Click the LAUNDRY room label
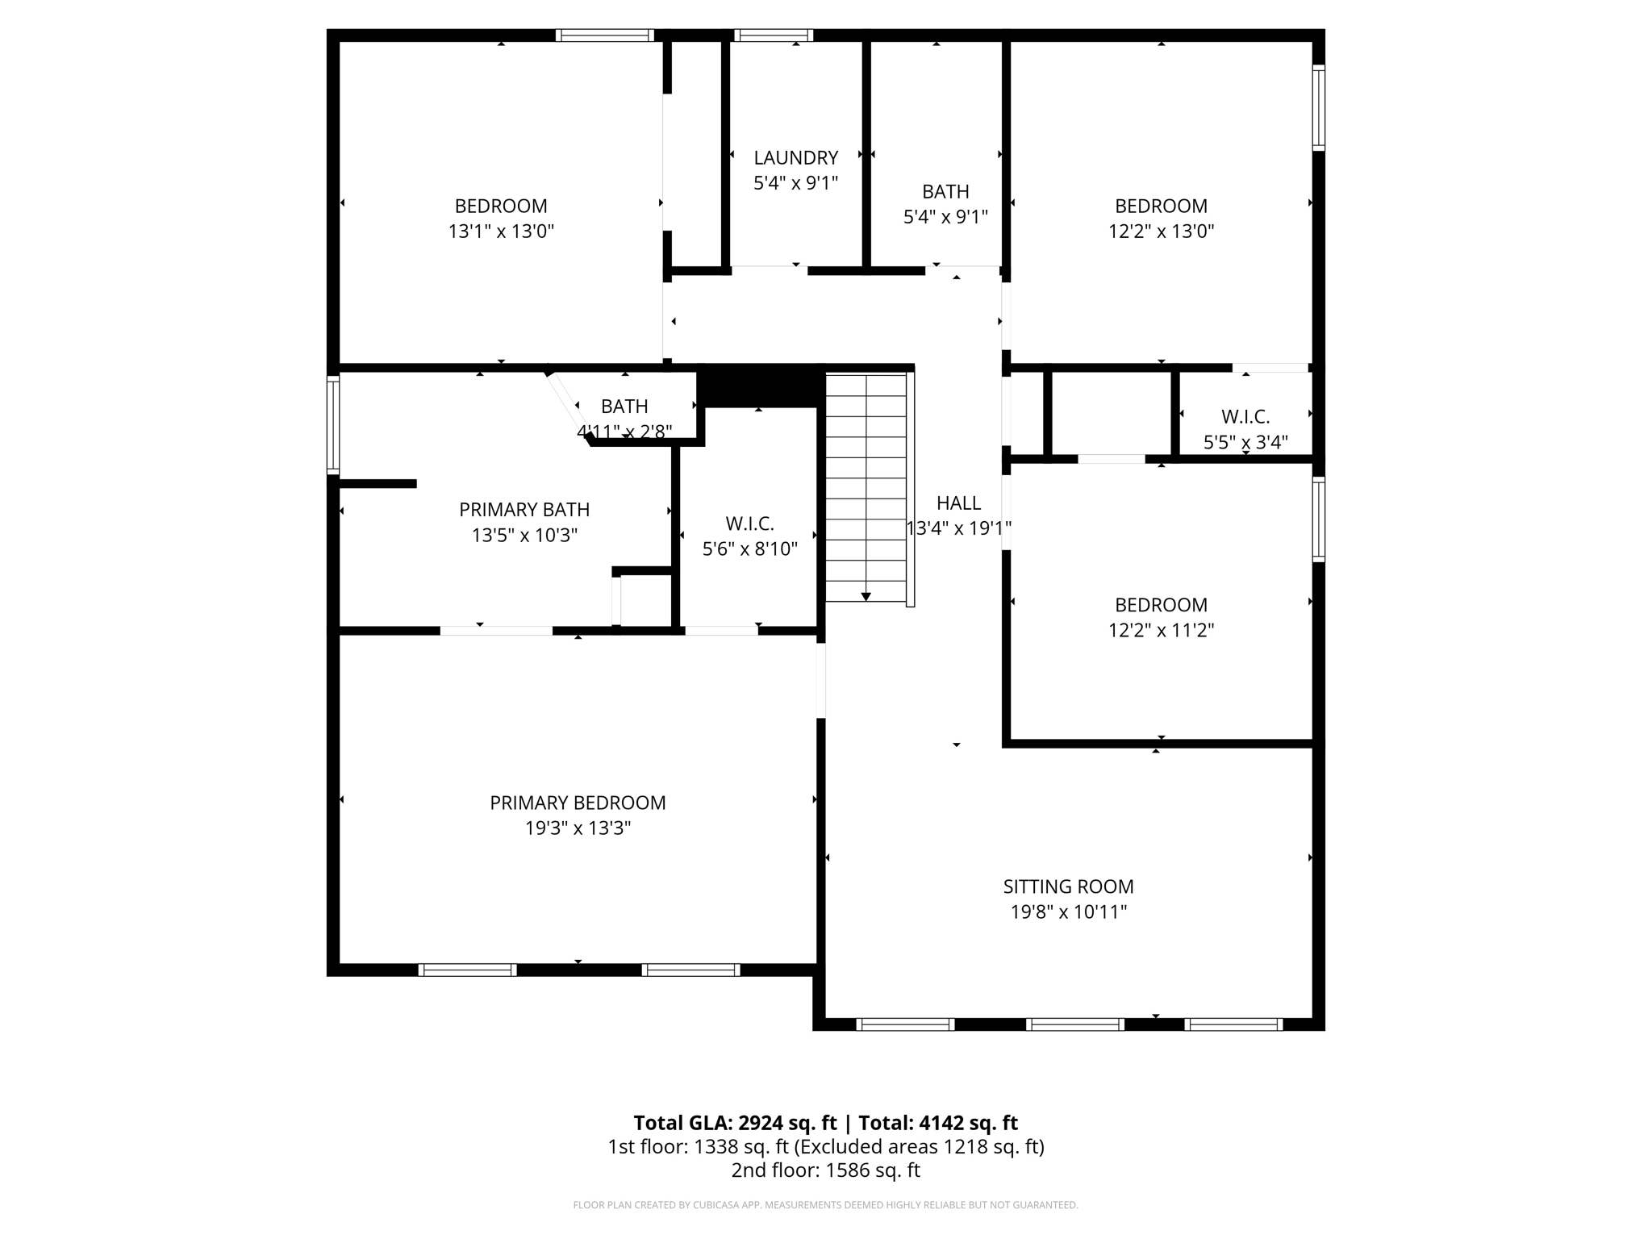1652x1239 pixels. click(795, 157)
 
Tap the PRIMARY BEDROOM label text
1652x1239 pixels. click(578, 803)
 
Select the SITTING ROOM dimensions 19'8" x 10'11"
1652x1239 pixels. click(1068, 912)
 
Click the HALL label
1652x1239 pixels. click(958, 503)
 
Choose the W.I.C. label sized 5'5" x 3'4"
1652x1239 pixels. click(1245, 417)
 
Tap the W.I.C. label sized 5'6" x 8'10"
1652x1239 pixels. click(749, 524)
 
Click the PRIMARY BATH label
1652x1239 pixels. click(524, 510)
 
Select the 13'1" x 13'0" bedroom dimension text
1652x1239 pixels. click(501, 232)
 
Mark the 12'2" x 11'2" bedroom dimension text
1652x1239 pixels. click(1161, 630)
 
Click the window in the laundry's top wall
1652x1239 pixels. click(773, 35)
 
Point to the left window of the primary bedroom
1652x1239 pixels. click(467, 970)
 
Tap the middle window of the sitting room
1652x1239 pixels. click(1074, 1024)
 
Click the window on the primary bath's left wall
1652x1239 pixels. click(332, 424)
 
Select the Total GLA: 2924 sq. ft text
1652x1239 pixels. click(735, 1123)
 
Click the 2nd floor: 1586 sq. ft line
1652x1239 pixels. click(825, 1170)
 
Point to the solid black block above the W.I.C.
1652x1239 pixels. click(758, 386)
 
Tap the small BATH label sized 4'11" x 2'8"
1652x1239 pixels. click(624, 407)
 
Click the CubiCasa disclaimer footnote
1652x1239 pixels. click(825, 1205)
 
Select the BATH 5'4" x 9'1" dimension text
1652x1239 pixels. click(945, 217)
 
